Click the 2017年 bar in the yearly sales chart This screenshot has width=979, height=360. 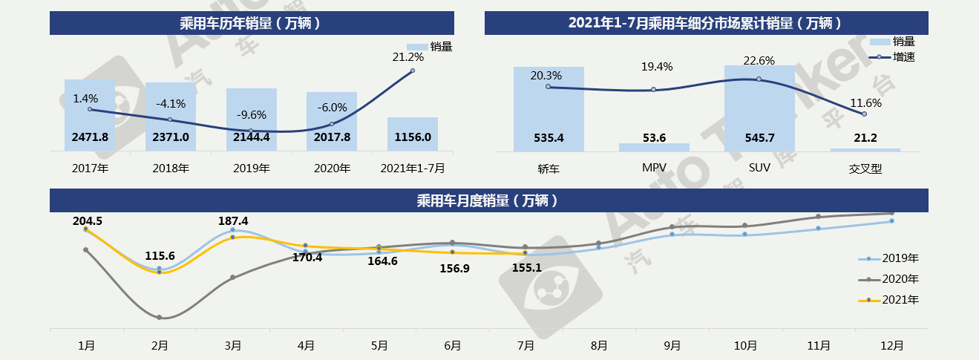click(x=90, y=115)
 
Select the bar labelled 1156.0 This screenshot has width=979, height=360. click(x=413, y=134)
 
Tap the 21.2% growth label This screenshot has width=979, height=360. click(x=408, y=56)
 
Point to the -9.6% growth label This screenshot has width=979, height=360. click(x=252, y=115)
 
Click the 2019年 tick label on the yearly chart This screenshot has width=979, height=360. click(x=252, y=168)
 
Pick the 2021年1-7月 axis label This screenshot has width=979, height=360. click(x=413, y=168)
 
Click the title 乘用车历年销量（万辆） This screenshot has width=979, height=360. click(x=250, y=23)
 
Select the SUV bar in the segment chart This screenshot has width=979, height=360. click(x=759, y=108)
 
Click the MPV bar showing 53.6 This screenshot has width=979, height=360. click(x=654, y=147)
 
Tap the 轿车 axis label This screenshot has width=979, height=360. click(x=549, y=168)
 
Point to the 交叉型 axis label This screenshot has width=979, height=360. click(x=865, y=168)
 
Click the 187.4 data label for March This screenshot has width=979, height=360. click(x=233, y=221)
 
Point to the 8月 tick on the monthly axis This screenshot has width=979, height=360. click(x=600, y=346)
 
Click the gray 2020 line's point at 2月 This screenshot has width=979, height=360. click(x=160, y=318)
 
